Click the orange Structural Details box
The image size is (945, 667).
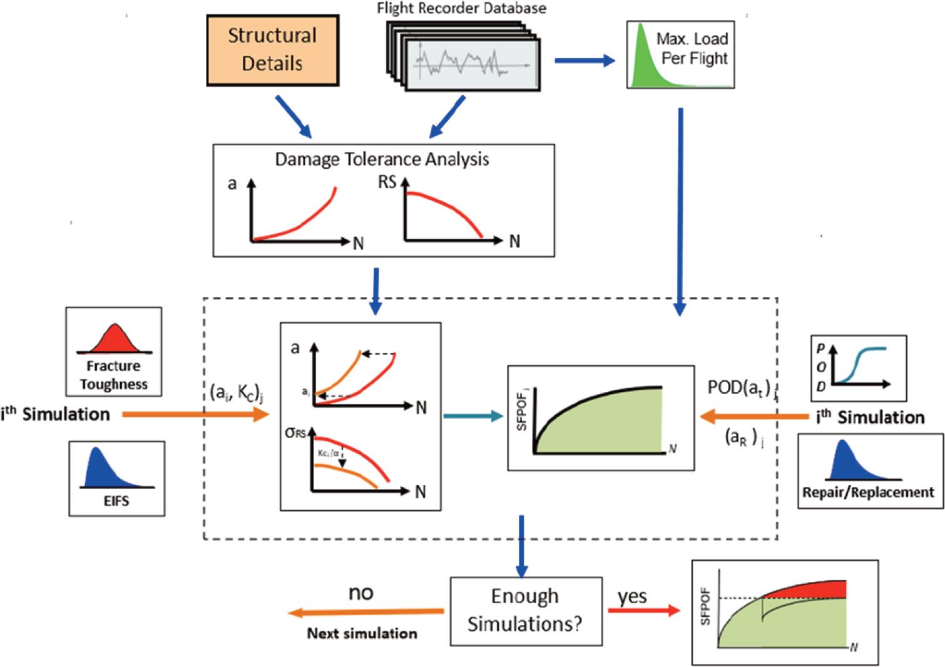pyautogui.click(x=272, y=49)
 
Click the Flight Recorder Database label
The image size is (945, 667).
pyautogui.click(x=461, y=8)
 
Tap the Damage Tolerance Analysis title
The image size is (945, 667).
pyautogui.click(x=382, y=159)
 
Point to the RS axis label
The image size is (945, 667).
pyautogui.click(x=387, y=183)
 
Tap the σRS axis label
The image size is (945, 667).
pyautogui.click(x=295, y=432)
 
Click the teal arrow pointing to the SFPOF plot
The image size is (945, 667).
pyautogui.click(x=473, y=415)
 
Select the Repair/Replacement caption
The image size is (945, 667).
pyautogui.click(x=868, y=493)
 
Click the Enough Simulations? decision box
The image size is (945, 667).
pyautogui.click(x=526, y=611)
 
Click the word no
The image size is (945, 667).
pyautogui.click(x=360, y=592)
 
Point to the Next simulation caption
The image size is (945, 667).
pyautogui.click(x=362, y=633)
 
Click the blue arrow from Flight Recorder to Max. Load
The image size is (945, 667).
pyautogui.click(x=585, y=61)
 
